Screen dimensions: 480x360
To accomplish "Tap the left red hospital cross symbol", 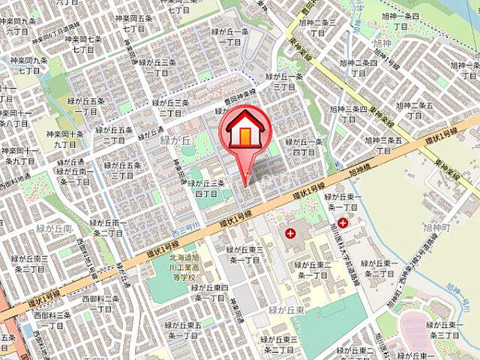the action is click(289, 233).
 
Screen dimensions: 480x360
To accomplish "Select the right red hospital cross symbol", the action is click(343, 223).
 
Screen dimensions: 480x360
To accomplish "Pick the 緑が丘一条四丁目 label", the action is click(304, 146).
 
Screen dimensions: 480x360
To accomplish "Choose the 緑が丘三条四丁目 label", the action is click(210, 187).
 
